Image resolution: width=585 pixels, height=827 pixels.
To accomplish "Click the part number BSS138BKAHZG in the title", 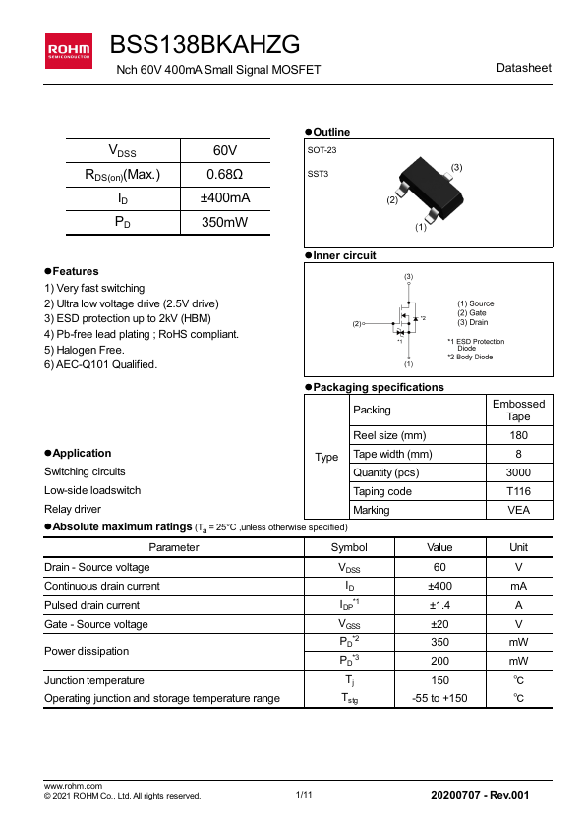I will point(205,44).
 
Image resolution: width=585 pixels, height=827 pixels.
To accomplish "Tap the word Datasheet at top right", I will point(524,68).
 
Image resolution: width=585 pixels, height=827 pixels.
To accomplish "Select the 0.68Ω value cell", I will point(224,175).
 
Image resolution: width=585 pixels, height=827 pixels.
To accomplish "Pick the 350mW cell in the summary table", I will point(224,223).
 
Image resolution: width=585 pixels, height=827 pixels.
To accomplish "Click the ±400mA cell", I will point(224,198).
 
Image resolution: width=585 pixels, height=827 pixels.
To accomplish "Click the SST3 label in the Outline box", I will point(319,173).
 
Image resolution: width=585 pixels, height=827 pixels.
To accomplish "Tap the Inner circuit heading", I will point(344,255).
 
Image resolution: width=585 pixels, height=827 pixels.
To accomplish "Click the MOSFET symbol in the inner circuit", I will point(406,320).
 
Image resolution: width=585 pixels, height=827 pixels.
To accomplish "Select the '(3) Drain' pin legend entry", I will point(473,322).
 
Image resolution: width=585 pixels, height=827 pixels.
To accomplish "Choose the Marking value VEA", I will point(518,510).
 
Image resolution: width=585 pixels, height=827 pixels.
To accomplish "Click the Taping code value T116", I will point(518,491).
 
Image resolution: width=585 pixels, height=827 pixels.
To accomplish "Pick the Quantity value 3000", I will point(518,472).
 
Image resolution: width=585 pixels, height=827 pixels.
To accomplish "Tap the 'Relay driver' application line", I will point(73,509).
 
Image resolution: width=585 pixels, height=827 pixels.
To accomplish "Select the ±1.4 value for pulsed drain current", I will point(439,605).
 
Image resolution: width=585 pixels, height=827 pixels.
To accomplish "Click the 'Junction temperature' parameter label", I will point(94,680).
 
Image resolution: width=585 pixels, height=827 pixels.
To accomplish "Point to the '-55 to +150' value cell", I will point(439,698).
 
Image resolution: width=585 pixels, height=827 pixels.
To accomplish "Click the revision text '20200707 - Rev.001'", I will point(480,794).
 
